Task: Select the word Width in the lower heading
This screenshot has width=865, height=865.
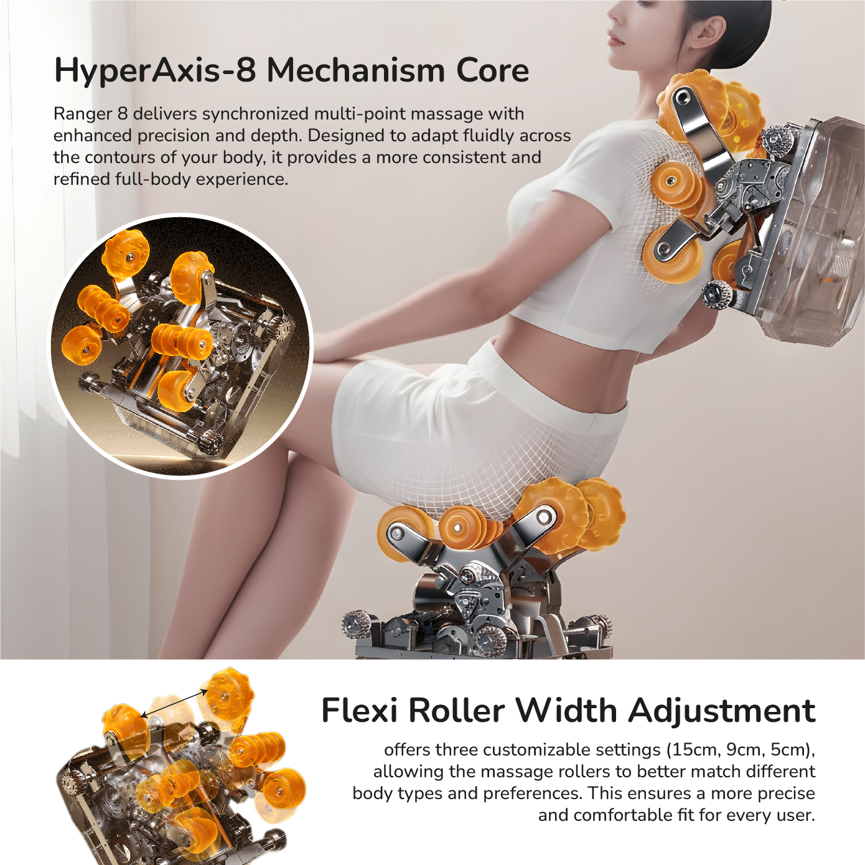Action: click(567, 711)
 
